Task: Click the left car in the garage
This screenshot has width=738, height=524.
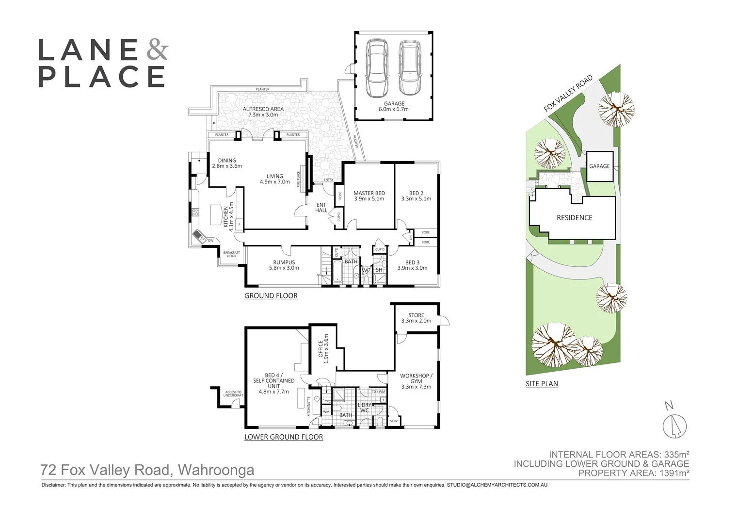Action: (377, 67)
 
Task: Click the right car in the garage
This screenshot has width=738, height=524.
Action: (410, 67)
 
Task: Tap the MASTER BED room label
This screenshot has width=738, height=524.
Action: (369, 193)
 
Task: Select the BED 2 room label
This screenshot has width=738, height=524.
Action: (416, 193)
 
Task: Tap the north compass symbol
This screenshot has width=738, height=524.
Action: (675, 426)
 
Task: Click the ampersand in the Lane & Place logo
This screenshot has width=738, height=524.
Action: (156, 50)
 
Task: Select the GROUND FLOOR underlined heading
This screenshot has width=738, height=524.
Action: (271, 295)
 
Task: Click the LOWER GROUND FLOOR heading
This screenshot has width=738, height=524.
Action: (284, 437)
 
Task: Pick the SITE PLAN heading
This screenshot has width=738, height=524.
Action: (542, 383)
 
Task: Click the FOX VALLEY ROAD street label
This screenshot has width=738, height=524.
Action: (568, 93)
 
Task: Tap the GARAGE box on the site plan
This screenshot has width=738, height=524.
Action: (599, 166)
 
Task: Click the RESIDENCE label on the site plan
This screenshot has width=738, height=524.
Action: (574, 218)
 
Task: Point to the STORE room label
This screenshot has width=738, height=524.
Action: (416, 315)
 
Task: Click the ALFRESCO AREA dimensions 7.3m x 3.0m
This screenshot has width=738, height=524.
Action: (263, 115)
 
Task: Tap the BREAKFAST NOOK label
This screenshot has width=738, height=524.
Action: (231, 254)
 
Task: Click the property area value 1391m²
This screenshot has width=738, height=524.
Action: (673, 473)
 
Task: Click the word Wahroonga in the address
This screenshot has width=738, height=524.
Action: (216, 470)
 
